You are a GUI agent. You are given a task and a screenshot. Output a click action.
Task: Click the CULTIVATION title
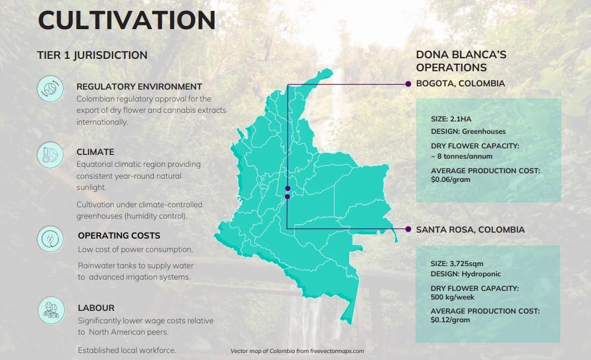tap(127, 20)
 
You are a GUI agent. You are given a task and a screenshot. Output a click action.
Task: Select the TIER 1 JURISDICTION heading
tap(92, 55)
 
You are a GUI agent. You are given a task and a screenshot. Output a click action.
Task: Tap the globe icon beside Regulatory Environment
tap(50, 89)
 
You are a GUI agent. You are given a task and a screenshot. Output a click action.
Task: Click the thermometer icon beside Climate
tap(50, 155)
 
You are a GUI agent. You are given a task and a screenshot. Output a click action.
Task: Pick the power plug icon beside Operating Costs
tap(50, 239)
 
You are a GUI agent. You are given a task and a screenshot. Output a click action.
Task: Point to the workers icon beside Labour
tap(51, 311)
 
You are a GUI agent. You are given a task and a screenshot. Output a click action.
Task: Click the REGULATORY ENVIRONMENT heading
tap(139, 87)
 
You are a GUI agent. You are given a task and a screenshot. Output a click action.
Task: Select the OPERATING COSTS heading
tap(119, 236)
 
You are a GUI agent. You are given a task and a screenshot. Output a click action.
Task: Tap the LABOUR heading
tap(96, 308)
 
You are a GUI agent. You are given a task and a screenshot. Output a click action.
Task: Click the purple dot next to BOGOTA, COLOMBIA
tap(408, 84)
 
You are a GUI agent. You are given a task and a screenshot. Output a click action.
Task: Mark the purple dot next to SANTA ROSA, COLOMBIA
tap(408, 229)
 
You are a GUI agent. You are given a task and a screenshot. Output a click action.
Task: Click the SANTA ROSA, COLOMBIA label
tap(471, 229)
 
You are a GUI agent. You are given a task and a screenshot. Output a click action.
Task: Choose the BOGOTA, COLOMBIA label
tap(460, 83)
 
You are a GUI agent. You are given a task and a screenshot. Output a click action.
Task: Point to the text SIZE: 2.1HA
tap(451, 119)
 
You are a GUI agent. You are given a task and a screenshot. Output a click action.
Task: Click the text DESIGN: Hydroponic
tap(465, 274)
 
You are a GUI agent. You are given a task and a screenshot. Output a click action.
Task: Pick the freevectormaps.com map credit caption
tap(297, 351)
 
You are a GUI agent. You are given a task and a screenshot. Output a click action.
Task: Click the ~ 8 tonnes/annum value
tap(461, 156)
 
